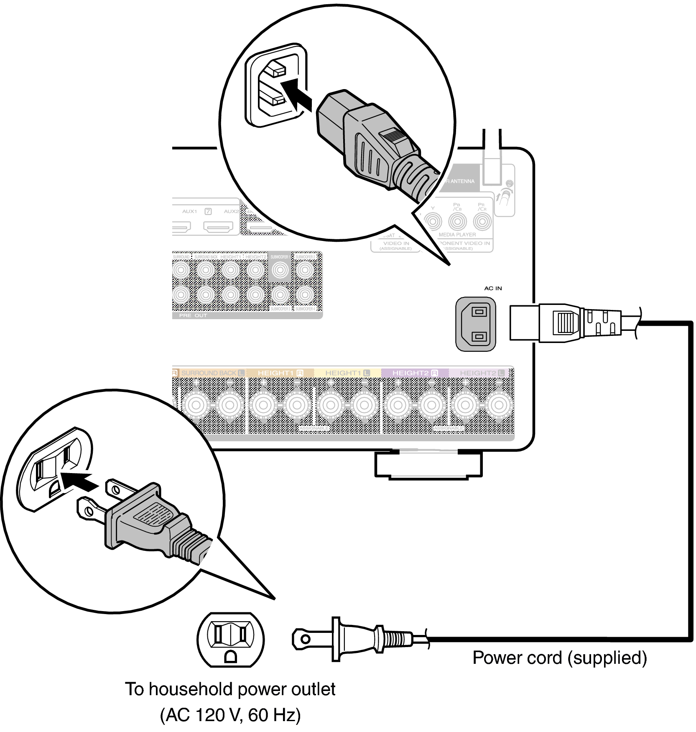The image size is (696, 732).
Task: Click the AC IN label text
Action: [x=493, y=288]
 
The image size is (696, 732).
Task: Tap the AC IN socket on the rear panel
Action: [x=476, y=324]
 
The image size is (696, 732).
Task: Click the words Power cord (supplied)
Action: [x=559, y=658]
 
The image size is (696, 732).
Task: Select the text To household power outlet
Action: [x=230, y=689]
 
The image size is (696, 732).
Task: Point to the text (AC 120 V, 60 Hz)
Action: [x=230, y=715]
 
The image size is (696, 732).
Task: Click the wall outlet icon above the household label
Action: [x=230, y=640]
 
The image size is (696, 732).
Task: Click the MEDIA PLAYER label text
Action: [x=457, y=235]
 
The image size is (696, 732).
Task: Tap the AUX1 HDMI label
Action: [x=189, y=212]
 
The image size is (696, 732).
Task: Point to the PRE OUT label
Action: [x=193, y=315]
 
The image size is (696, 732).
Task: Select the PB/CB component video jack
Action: [x=457, y=221]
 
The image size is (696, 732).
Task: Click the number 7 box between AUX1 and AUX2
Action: [x=208, y=212]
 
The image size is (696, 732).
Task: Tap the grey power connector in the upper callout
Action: [x=368, y=142]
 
